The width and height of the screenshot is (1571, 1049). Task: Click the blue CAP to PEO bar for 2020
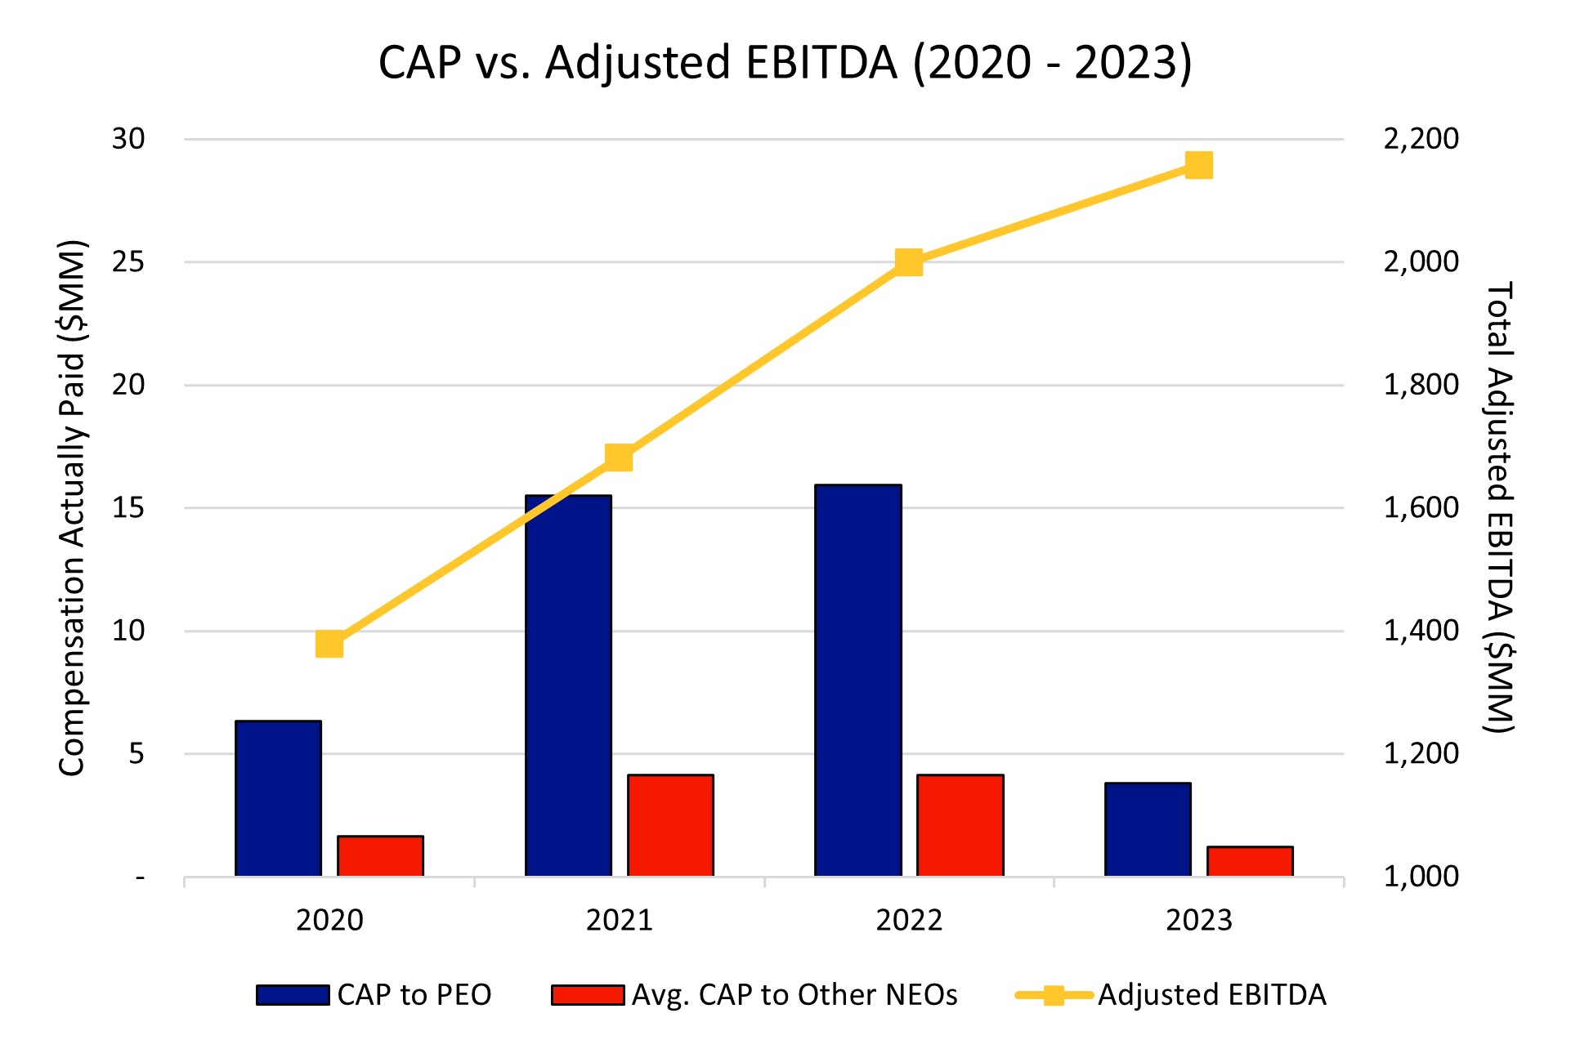coord(278,798)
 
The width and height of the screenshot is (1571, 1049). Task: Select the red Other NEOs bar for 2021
coord(670,825)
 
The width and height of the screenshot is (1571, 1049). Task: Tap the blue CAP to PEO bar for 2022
coord(858,681)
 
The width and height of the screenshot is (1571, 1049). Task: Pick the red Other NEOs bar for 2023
coord(1250,861)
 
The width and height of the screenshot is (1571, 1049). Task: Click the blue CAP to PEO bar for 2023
coord(1148,829)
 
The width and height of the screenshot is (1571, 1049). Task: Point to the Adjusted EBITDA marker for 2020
coord(329,644)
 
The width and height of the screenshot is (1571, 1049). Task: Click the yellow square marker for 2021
coord(619,458)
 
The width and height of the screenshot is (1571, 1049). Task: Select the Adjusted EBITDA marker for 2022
coord(909,262)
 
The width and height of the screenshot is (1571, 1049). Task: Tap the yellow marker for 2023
coord(1198,166)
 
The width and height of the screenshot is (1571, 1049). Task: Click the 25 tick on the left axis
coord(128,262)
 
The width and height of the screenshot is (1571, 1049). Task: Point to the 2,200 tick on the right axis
coord(1421,139)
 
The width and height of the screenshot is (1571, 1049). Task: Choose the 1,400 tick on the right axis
coord(1421,631)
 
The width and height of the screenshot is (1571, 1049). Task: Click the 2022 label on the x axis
coord(909,921)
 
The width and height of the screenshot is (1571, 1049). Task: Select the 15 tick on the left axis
coord(128,508)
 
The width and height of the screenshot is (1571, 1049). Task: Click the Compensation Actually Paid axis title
coord(73,508)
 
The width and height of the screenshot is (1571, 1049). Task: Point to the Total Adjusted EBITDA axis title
coord(1498,508)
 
